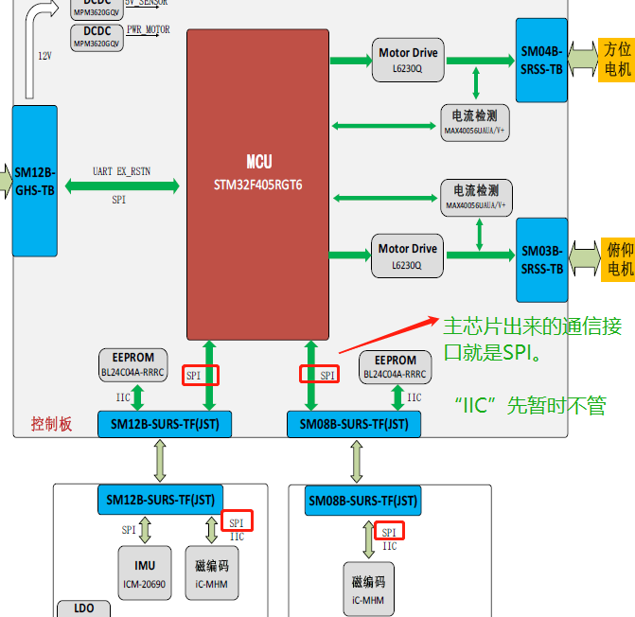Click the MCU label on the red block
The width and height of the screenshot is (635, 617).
[x=258, y=162]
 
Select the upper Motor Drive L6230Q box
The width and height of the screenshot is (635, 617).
[x=408, y=61]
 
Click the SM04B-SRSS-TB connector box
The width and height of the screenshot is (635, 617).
[x=541, y=60]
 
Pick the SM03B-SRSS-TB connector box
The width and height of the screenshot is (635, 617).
[x=541, y=259]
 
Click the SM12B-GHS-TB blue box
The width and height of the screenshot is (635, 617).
[x=35, y=181]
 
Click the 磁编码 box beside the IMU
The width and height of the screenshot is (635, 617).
[x=212, y=573]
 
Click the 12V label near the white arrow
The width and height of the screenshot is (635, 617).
[x=44, y=56]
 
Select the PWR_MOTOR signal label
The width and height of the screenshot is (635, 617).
[x=148, y=31]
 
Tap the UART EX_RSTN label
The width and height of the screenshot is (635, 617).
[x=121, y=171]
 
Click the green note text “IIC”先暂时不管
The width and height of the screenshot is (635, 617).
[x=530, y=406]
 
